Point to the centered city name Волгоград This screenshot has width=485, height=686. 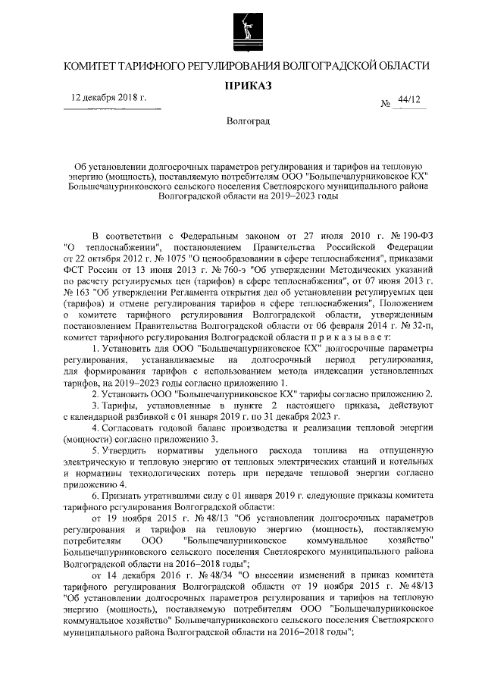[242, 121]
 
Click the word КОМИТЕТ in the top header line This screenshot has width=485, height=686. [90, 66]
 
